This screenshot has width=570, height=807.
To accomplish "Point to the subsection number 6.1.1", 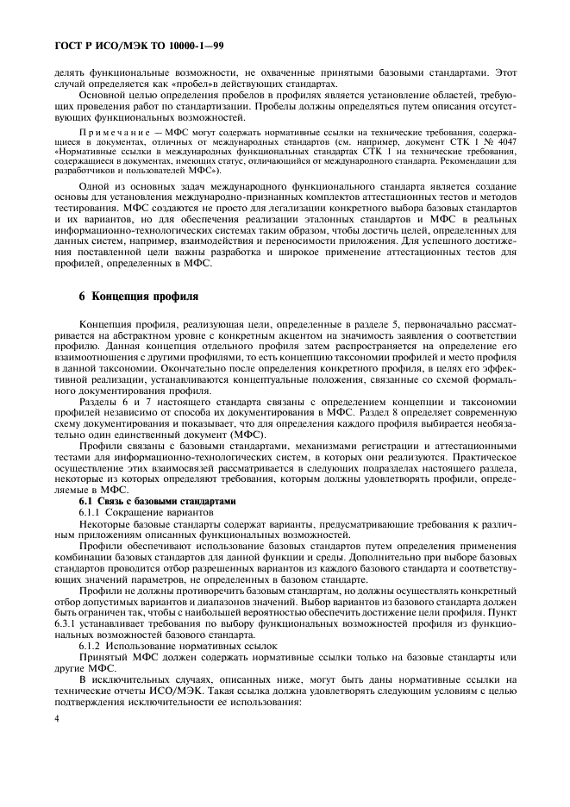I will [93, 512].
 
